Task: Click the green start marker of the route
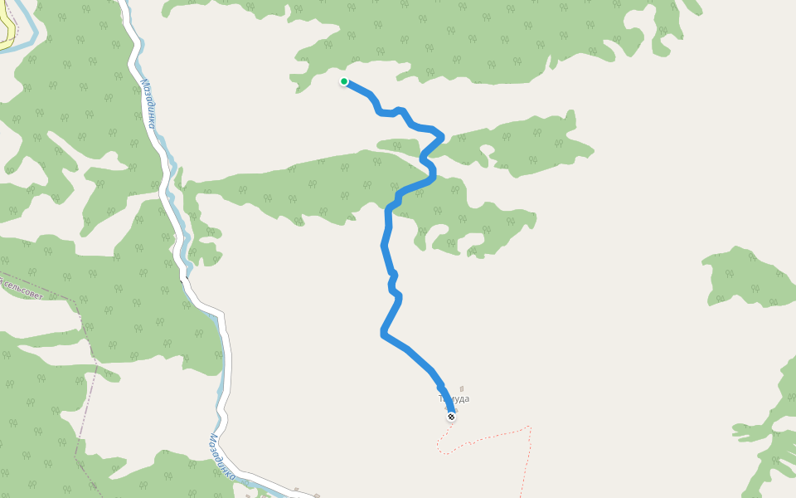344,81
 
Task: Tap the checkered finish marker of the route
451,417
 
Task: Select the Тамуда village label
454,399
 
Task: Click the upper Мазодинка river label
149,105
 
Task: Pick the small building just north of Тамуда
462,388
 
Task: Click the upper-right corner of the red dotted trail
529,427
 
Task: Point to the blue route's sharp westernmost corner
381,334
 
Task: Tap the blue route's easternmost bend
442,135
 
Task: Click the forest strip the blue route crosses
332,187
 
